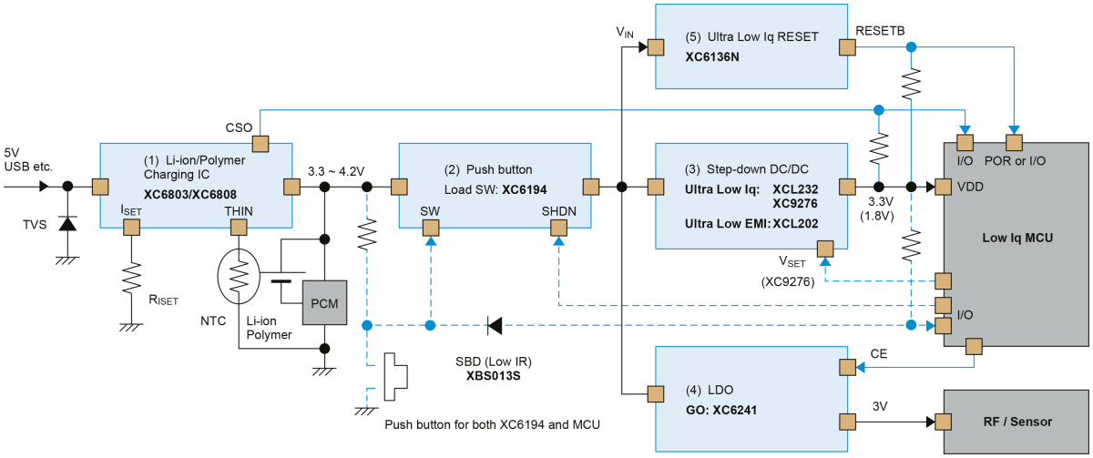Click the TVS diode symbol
[67, 223]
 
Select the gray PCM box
[324, 303]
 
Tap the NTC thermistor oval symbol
[239, 276]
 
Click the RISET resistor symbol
[131, 279]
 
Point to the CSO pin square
[260, 144]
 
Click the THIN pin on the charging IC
[239, 228]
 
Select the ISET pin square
[131, 228]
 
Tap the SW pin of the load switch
[430, 228]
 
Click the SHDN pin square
[558, 228]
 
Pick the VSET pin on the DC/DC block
[825, 249]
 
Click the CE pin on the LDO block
[848, 367]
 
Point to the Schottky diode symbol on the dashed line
[495, 325]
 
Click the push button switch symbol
[395, 377]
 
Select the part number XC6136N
[712, 57]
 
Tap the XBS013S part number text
[494, 376]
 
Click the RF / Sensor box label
[1017, 422]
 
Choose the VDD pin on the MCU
[944, 187]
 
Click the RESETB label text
[880, 31]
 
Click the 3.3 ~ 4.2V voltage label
[336, 171]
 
